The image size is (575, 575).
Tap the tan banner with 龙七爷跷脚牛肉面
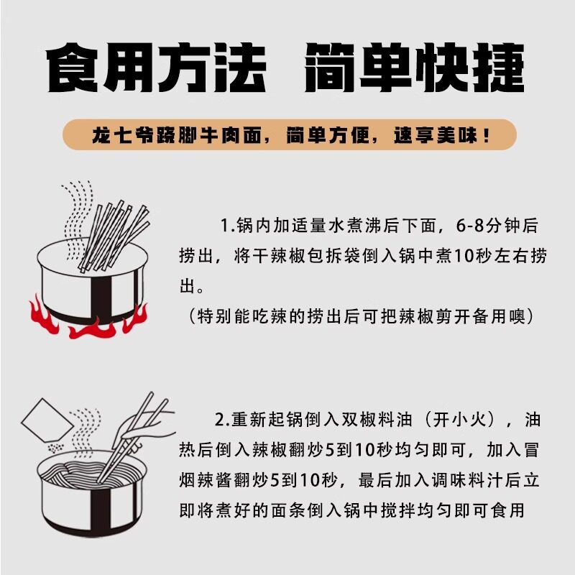(287, 134)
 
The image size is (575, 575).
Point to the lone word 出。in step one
(193, 287)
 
